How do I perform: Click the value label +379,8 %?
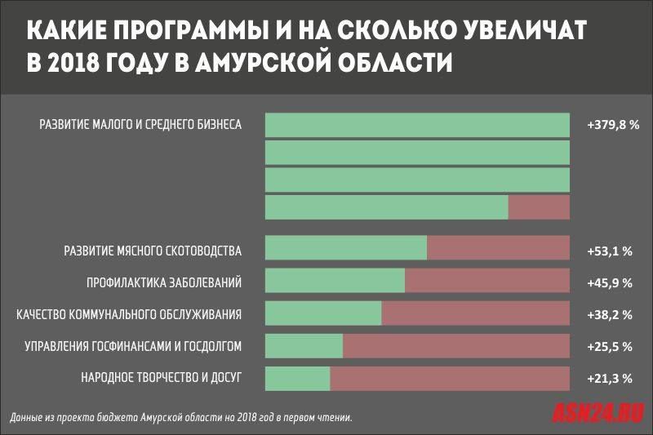pyautogui.click(x=612, y=126)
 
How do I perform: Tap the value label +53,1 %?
pyautogui.click(x=611, y=250)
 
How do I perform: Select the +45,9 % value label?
pyautogui.click(x=611, y=282)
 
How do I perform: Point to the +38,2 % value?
pyautogui.click(x=611, y=314)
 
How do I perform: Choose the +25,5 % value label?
pyautogui.click(x=611, y=346)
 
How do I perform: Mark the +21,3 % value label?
pyautogui.click(x=611, y=378)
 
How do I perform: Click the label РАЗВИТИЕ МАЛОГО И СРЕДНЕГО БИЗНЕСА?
pyautogui.click(x=140, y=126)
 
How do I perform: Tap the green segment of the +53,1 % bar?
pyautogui.click(x=346, y=248)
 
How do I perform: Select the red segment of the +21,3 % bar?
pyautogui.click(x=449, y=378)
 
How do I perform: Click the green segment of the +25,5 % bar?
pyautogui.click(x=304, y=346)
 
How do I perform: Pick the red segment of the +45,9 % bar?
pyautogui.click(x=486, y=281)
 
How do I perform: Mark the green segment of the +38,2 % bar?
pyautogui.click(x=323, y=313)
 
